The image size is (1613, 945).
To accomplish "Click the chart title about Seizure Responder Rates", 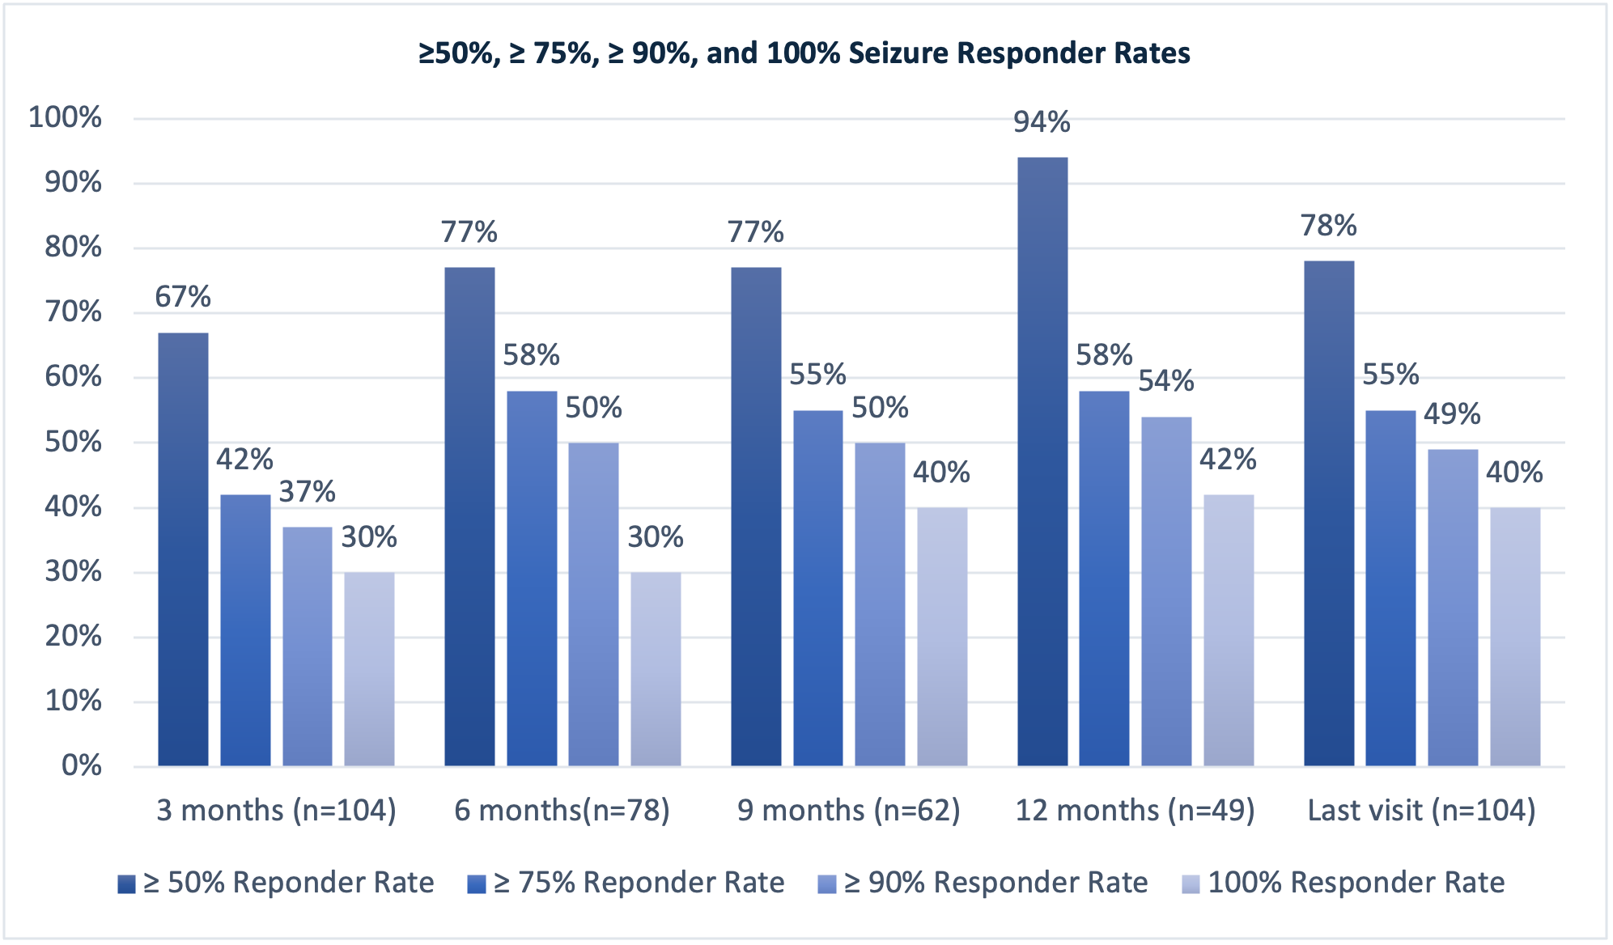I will click(x=804, y=53).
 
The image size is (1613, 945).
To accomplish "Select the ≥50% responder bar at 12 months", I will click(x=1042, y=461).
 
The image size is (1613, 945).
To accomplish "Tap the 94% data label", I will click(x=1042, y=122).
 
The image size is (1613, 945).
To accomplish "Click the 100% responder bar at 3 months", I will click(x=369, y=668).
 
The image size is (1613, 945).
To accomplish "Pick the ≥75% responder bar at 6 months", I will click(x=532, y=578).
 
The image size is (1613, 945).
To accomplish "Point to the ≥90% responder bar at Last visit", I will click(x=1453, y=607).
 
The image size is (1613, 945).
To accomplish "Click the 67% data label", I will click(x=183, y=298).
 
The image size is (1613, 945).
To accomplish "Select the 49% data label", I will click(x=1452, y=414).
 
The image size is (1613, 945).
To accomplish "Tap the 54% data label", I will click(x=1166, y=381).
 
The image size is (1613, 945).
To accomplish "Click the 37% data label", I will click(x=308, y=492).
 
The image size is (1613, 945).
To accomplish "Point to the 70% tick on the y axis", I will click(x=73, y=312).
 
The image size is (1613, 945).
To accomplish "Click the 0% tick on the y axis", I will click(x=82, y=765).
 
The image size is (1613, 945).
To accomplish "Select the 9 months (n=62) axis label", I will click(x=848, y=810).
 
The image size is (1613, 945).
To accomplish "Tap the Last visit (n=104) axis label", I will click(x=1422, y=810).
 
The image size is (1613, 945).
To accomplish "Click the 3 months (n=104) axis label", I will click(x=276, y=810).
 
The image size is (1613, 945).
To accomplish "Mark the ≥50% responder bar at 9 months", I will click(x=756, y=516).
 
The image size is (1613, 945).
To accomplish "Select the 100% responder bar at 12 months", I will click(x=1229, y=629).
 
